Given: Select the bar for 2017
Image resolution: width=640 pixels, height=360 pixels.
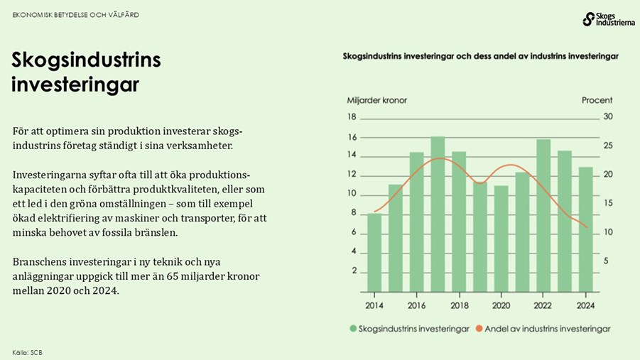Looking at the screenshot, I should point(438,214).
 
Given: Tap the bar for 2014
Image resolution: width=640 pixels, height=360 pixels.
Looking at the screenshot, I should point(374,252).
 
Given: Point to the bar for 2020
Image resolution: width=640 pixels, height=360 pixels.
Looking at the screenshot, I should point(501,239).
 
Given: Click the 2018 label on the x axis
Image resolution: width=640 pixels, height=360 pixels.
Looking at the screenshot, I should point(459,305).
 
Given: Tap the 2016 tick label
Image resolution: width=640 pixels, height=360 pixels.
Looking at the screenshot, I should point(416,305).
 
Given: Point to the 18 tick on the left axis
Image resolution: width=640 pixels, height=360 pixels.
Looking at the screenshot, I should point(351,117).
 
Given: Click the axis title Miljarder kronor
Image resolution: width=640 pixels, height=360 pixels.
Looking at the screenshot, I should point(376,100).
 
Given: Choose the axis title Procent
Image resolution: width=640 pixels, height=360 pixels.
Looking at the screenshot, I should point(597,100).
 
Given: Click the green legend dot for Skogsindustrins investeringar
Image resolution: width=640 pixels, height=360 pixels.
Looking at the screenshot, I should point(353,329).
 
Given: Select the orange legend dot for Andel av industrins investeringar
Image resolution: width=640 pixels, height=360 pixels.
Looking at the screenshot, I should point(479,329).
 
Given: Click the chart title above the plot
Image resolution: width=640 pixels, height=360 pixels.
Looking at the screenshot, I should point(481,55).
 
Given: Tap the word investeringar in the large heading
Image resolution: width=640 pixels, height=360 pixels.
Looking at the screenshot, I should point(75,85).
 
